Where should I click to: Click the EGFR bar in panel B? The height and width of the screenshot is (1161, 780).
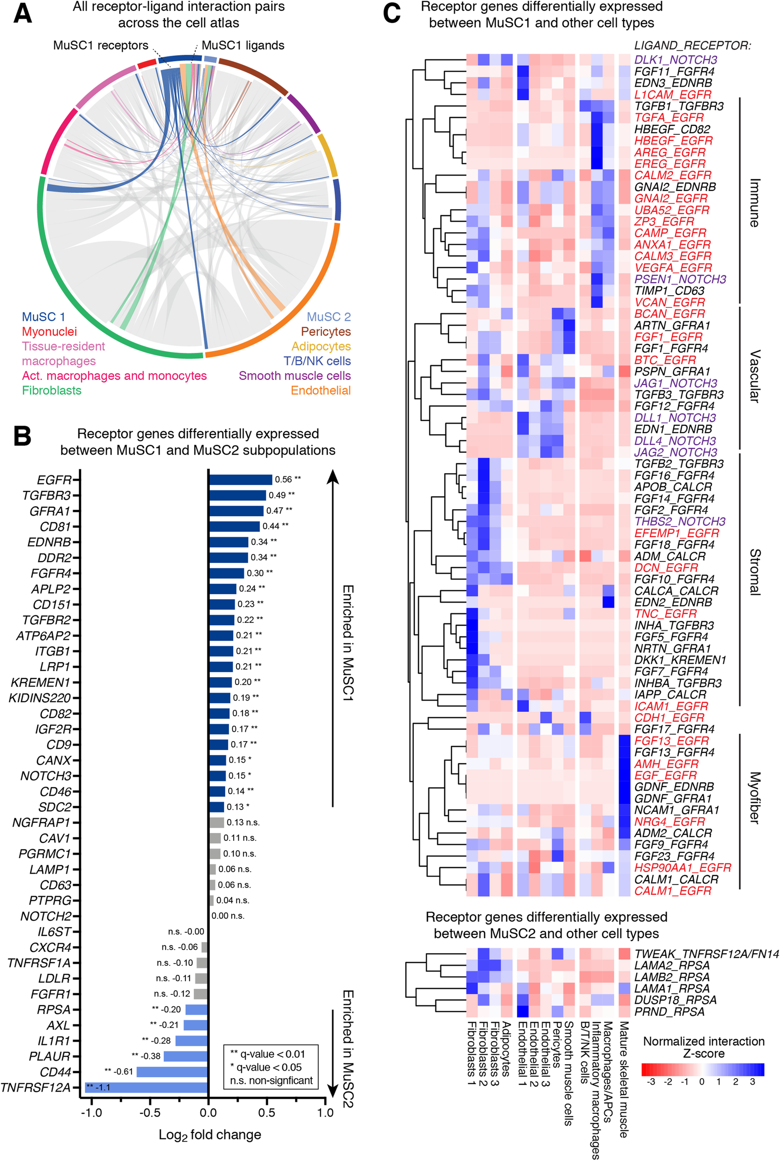click(240, 479)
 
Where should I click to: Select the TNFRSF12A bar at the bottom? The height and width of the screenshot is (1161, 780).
click(146, 1088)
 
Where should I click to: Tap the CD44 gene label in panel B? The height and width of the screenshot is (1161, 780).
click(55, 1072)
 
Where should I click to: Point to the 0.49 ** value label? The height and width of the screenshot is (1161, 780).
click(281, 495)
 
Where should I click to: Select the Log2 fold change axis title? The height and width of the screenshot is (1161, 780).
click(209, 1135)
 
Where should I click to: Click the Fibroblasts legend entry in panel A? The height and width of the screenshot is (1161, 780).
click(52, 390)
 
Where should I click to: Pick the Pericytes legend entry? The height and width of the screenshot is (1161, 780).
click(326, 332)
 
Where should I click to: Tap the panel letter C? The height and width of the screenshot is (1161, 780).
click(391, 13)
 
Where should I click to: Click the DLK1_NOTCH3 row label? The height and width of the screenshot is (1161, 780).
click(675, 60)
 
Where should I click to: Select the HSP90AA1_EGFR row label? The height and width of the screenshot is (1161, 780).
click(683, 868)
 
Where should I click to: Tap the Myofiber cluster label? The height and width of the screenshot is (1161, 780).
click(755, 798)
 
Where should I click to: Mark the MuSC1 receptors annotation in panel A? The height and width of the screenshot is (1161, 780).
click(101, 45)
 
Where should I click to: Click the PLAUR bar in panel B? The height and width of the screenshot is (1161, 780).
click(185, 1056)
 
